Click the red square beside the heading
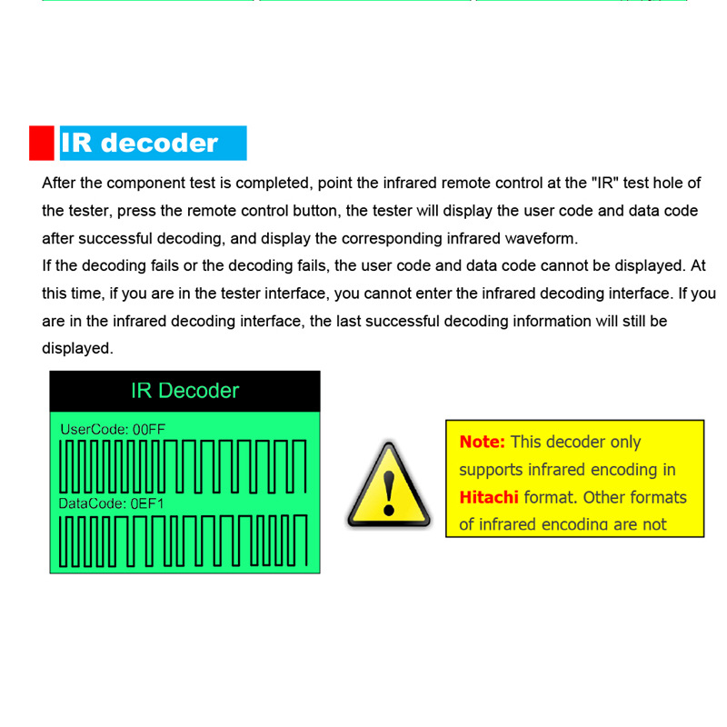[x=42, y=143]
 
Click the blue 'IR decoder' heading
[x=140, y=143]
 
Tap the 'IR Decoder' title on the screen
[x=184, y=391]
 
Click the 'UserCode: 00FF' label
[x=113, y=429]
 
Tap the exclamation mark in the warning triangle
[x=389, y=489]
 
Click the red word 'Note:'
[x=482, y=443]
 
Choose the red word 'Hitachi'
[x=488, y=497]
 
